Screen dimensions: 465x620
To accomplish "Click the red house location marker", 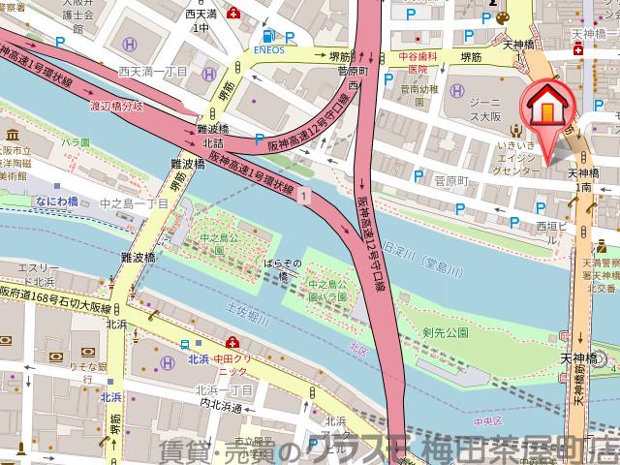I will pyautogui.click(x=546, y=109).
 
